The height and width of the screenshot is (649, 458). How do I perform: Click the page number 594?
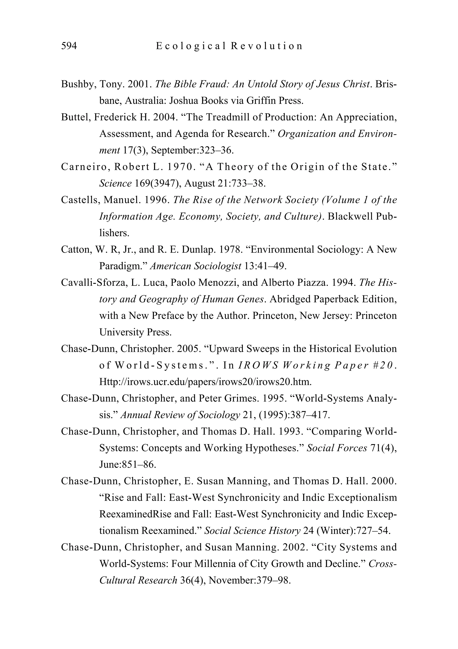pyautogui.click(x=69, y=46)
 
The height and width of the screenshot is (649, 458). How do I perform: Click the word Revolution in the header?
pyautogui.click(x=267, y=46)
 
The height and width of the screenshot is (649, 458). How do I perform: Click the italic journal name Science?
pyautogui.click(x=115, y=183)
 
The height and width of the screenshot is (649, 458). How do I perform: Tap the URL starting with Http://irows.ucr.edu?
pyautogui.click(x=206, y=382)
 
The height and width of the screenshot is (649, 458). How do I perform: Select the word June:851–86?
pyautogui.click(x=128, y=464)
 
